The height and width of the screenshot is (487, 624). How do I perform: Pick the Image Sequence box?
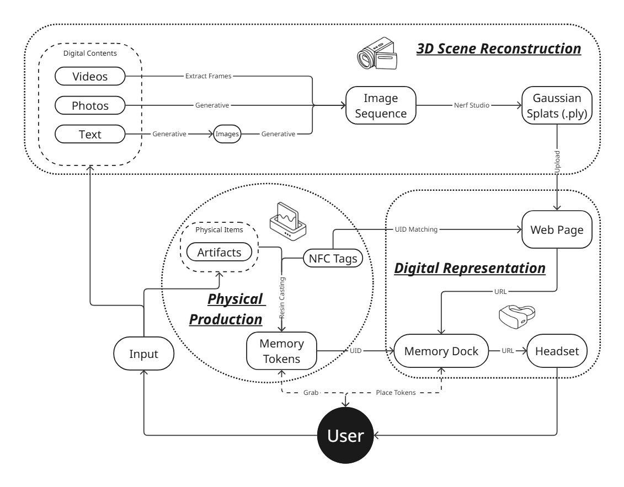pyautogui.click(x=381, y=105)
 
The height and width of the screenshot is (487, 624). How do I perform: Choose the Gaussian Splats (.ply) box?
pyautogui.click(x=557, y=105)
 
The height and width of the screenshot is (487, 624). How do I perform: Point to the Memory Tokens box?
pyautogui.click(x=281, y=351)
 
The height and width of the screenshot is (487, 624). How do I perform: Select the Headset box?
pyautogui.click(x=557, y=351)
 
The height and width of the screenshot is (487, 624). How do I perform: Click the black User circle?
pyautogui.click(x=346, y=435)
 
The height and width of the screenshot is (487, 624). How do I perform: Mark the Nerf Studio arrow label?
pyautogui.click(x=470, y=105)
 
